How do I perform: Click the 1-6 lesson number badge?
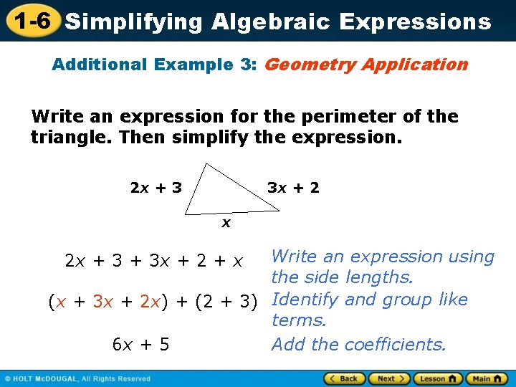pos(30,21)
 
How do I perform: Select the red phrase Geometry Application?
pos(366,64)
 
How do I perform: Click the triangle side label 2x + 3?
pos(156,188)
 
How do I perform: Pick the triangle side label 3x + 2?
pos(293,188)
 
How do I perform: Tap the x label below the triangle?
pos(226,223)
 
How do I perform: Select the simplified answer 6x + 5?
pos(141,345)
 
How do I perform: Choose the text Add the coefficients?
pos(358,345)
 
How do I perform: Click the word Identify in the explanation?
pos(306,300)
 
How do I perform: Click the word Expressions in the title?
pos(416,21)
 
